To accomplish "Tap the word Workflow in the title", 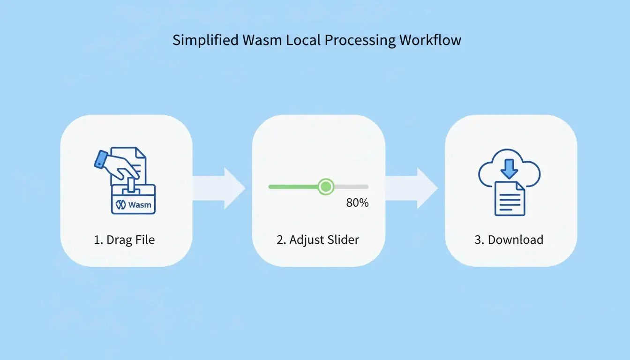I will tap(430, 40).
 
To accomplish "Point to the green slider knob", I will tap(325, 187).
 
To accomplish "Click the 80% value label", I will tap(357, 203).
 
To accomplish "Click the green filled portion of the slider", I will tap(293, 187).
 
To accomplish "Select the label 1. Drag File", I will tap(124, 240).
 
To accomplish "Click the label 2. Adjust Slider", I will tap(318, 240).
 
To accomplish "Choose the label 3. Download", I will tap(509, 240).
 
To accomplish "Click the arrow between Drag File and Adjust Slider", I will tap(219, 188).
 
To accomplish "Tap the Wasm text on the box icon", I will tap(139, 205).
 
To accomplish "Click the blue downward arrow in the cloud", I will tap(509, 168).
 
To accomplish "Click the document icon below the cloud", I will tap(510, 199).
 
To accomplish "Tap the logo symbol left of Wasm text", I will tap(121, 205).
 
